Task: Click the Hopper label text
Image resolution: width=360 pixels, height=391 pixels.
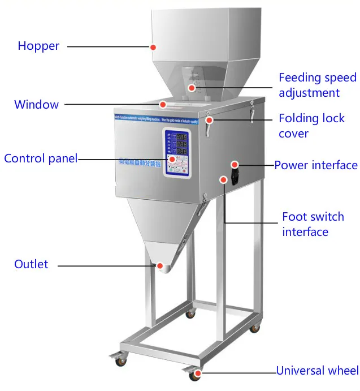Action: [38, 46]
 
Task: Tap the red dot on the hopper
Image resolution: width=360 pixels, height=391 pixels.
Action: [153, 46]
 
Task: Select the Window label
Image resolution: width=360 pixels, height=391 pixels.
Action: [36, 104]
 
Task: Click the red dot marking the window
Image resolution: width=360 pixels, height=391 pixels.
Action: [163, 104]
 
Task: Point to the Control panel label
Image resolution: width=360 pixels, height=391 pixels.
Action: [40, 158]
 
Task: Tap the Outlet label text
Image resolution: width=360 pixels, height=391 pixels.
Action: [31, 264]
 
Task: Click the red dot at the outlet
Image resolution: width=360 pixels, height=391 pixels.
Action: [160, 265]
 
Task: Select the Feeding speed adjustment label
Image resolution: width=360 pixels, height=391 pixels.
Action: [317, 85]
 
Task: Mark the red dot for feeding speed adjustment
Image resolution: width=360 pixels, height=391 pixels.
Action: [192, 88]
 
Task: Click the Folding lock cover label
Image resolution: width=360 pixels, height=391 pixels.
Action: [311, 126]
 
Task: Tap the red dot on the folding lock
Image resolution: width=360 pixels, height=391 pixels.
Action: [209, 120]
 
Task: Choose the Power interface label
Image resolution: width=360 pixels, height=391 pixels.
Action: [316, 165]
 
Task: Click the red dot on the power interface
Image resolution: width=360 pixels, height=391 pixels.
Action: [234, 165]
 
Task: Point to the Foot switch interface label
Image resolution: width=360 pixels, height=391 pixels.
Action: [313, 224]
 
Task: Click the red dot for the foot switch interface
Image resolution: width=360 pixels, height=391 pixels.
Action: [224, 180]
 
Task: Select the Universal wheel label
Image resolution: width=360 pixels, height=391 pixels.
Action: [317, 371]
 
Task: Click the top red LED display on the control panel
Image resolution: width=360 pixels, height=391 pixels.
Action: [182, 137]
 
